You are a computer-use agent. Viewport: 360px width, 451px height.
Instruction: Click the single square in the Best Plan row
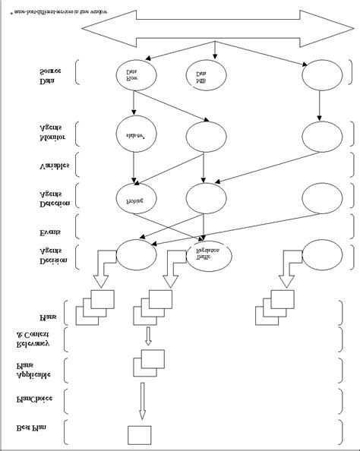click(x=140, y=435)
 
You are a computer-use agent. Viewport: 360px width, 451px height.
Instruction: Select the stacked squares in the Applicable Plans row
click(x=149, y=362)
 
